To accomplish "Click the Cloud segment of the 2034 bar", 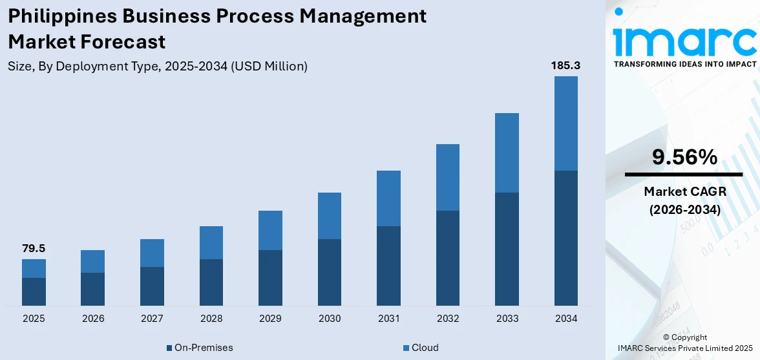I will (x=565, y=123).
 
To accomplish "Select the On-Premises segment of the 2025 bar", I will (x=34, y=291).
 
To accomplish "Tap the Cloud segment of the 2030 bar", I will (x=330, y=216).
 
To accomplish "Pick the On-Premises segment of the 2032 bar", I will (x=448, y=258).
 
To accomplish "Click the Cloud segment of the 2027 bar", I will (x=152, y=253).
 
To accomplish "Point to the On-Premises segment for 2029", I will (x=270, y=277).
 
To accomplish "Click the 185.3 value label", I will (x=565, y=65).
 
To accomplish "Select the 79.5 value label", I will (x=34, y=248).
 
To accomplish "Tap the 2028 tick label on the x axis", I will (x=211, y=319).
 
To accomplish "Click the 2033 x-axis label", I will (x=507, y=319).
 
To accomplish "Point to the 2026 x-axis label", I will (x=93, y=319).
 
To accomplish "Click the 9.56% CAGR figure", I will (x=684, y=157).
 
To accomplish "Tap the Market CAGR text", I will (x=684, y=191).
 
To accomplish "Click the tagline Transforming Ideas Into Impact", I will (x=684, y=64).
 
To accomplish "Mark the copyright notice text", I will (x=685, y=343).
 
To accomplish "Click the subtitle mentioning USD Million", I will (x=158, y=66).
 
